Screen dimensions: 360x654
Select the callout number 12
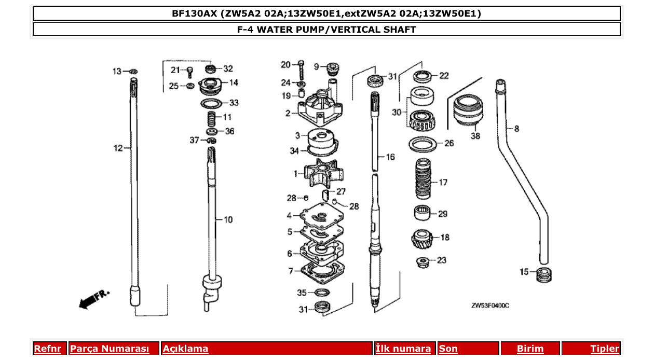pyautogui.click(x=118, y=148)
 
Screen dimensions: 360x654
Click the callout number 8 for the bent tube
pyautogui.click(x=516, y=129)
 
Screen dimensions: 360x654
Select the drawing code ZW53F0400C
pyautogui.click(x=489, y=306)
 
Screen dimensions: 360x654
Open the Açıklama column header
pyautogui.click(x=185, y=349)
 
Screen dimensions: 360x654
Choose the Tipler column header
pyautogui.click(x=604, y=349)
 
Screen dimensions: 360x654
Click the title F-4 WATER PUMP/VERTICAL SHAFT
pyautogui.click(x=326, y=30)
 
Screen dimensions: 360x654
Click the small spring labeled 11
pyautogui.click(x=211, y=118)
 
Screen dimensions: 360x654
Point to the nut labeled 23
pyautogui.click(x=423, y=261)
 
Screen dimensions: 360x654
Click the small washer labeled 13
pyautogui.click(x=133, y=71)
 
